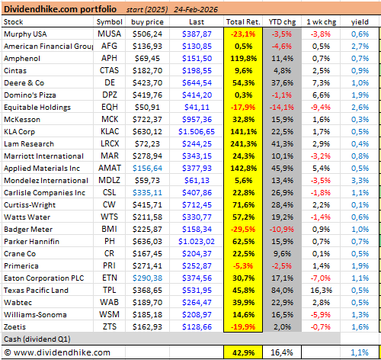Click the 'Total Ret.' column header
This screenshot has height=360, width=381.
[x=243, y=23]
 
